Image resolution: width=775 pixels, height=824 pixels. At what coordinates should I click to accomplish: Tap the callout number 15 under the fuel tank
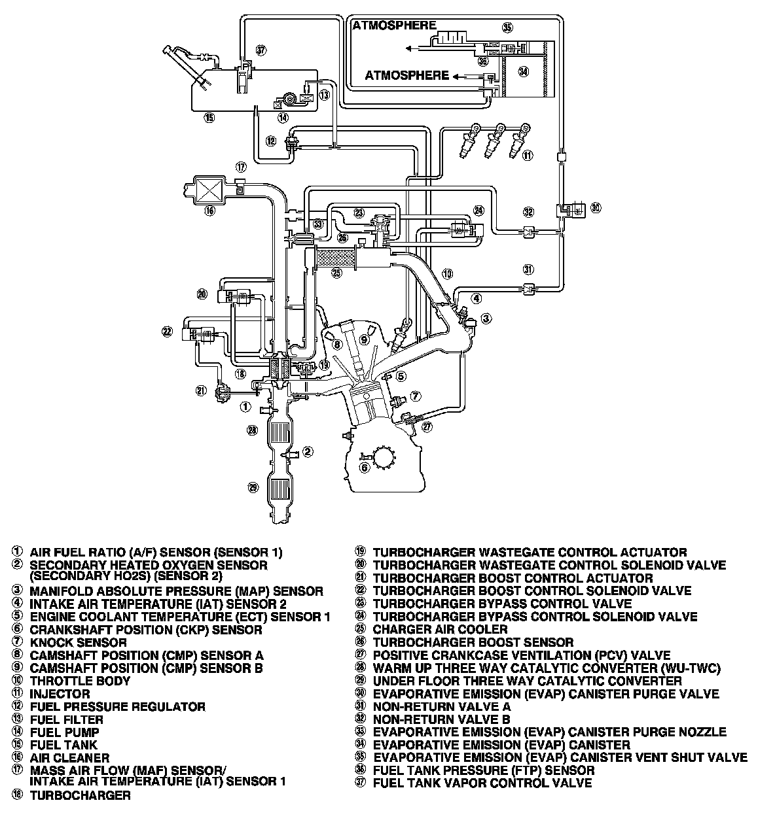[x=209, y=118]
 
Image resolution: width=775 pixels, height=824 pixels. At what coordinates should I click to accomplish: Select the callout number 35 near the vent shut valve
[x=507, y=27]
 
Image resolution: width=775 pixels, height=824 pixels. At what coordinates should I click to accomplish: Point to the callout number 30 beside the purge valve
[x=595, y=209]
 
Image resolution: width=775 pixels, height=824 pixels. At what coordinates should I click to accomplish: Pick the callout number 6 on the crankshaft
[x=365, y=467]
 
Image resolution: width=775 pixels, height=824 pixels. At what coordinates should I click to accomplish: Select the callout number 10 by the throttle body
[x=447, y=273]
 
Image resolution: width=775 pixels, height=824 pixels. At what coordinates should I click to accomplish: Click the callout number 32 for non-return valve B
[x=529, y=212]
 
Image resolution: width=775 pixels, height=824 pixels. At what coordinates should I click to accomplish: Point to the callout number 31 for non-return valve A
[x=529, y=269]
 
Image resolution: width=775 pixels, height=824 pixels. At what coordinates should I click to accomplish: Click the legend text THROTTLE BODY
[x=80, y=681]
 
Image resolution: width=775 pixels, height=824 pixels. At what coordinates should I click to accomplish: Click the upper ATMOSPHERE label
[x=394, y=26]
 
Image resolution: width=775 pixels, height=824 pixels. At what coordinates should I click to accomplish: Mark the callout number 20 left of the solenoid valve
[x=202, y=294]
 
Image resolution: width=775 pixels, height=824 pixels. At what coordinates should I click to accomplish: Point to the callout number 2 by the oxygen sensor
[x=308, y=451]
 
